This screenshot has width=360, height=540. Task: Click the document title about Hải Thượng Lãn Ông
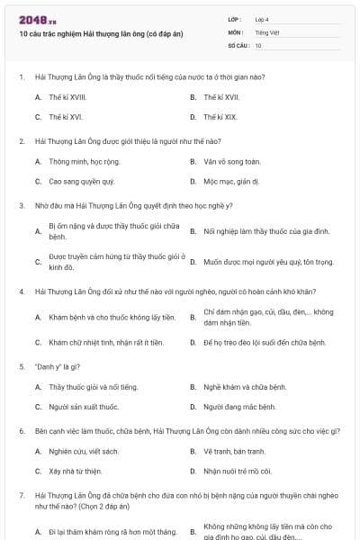click(x=101, y=33)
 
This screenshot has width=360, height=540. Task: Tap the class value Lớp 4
click(x=262, y=19)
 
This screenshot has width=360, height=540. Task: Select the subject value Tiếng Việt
click(x=265, y=31)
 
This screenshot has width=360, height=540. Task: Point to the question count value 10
click(x=258, y=45)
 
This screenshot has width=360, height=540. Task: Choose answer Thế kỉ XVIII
click(x=67, y=96)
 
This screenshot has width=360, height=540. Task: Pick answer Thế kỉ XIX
click(x=220, y=117)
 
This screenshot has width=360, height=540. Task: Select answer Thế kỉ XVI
click(x=66, y=117)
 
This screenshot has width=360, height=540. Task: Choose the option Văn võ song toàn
click(x=232, y=161)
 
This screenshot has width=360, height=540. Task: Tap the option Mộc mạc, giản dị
click(x=231, y=181)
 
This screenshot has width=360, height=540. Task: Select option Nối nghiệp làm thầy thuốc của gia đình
click(x=266, y=231)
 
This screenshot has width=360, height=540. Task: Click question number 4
click(x=21, y=292)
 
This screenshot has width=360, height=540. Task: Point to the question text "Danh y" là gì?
click(x=58, y=366)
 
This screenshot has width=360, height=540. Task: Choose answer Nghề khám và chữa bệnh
click(x=245, y=387)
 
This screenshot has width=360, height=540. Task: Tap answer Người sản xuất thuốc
click(x=85, y=407)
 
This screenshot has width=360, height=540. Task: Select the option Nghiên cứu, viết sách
click(x=84, y=451)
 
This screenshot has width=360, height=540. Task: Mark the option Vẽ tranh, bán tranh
click(x=234, y=451)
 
